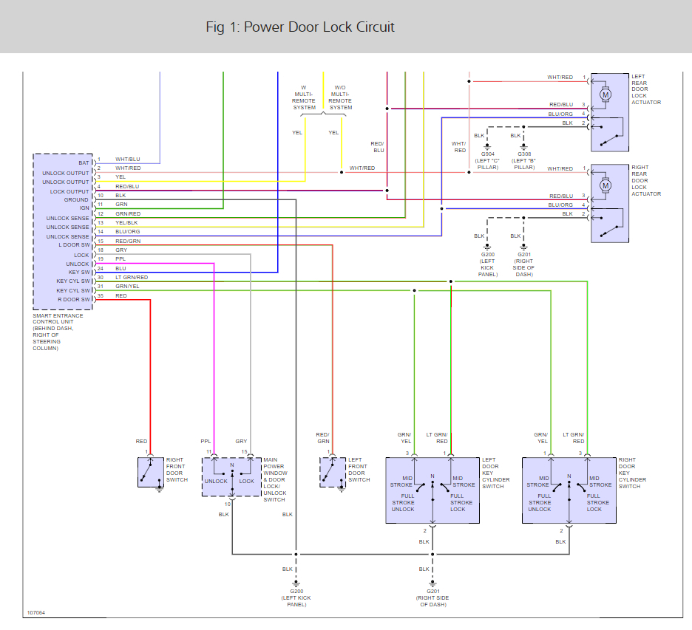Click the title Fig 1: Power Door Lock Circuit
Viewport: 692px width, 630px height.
point(300,27)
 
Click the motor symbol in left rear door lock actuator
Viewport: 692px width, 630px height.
point(605,94)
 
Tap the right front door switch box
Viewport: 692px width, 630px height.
point(151,472)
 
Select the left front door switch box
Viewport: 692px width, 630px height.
point(333,472)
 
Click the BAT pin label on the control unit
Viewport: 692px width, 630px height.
point(84,162)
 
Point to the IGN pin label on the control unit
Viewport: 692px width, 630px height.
point(84,208)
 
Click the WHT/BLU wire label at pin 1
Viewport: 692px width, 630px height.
point(128,160)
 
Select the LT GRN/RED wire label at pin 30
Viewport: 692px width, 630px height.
point(132,277)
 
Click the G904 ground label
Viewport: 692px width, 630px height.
point(488,154)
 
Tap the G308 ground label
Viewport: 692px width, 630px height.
point(523,154)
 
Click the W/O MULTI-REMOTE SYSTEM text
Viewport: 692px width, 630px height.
point(341,97)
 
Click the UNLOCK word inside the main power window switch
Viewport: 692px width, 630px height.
point(216,481)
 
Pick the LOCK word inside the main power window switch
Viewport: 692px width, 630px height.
point(246,481)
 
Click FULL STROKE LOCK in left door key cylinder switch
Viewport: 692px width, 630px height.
point(458,502)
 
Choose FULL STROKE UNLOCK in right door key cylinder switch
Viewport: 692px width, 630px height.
point(540,502)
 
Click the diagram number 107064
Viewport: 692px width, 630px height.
point(36,612)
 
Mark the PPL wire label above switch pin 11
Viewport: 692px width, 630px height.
point(206,442)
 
